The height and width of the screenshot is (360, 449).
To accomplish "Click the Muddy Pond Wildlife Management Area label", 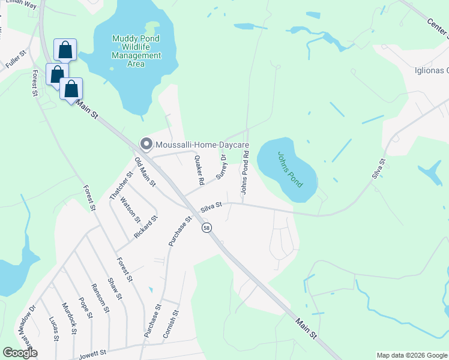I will click(x=137, y=51).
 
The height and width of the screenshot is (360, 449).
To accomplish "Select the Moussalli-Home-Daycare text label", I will click(x=202, y=144).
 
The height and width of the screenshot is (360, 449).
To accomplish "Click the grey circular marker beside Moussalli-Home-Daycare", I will click(x=146, y=143).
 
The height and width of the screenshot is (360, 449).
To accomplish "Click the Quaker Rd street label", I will click(x=199, y=170).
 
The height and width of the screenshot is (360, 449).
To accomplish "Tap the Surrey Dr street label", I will click(x=221, y=167).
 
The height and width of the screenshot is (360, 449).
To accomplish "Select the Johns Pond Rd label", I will click(x=244, y=172).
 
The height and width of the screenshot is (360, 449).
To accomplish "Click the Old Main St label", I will click(x=145, y=171).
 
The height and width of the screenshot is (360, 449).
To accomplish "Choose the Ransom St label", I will click(x=99, y=298).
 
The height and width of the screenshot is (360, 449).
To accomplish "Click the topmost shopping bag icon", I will click(x=64, y=49).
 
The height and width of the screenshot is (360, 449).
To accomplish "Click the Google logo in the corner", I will click(x=20, y=353).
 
